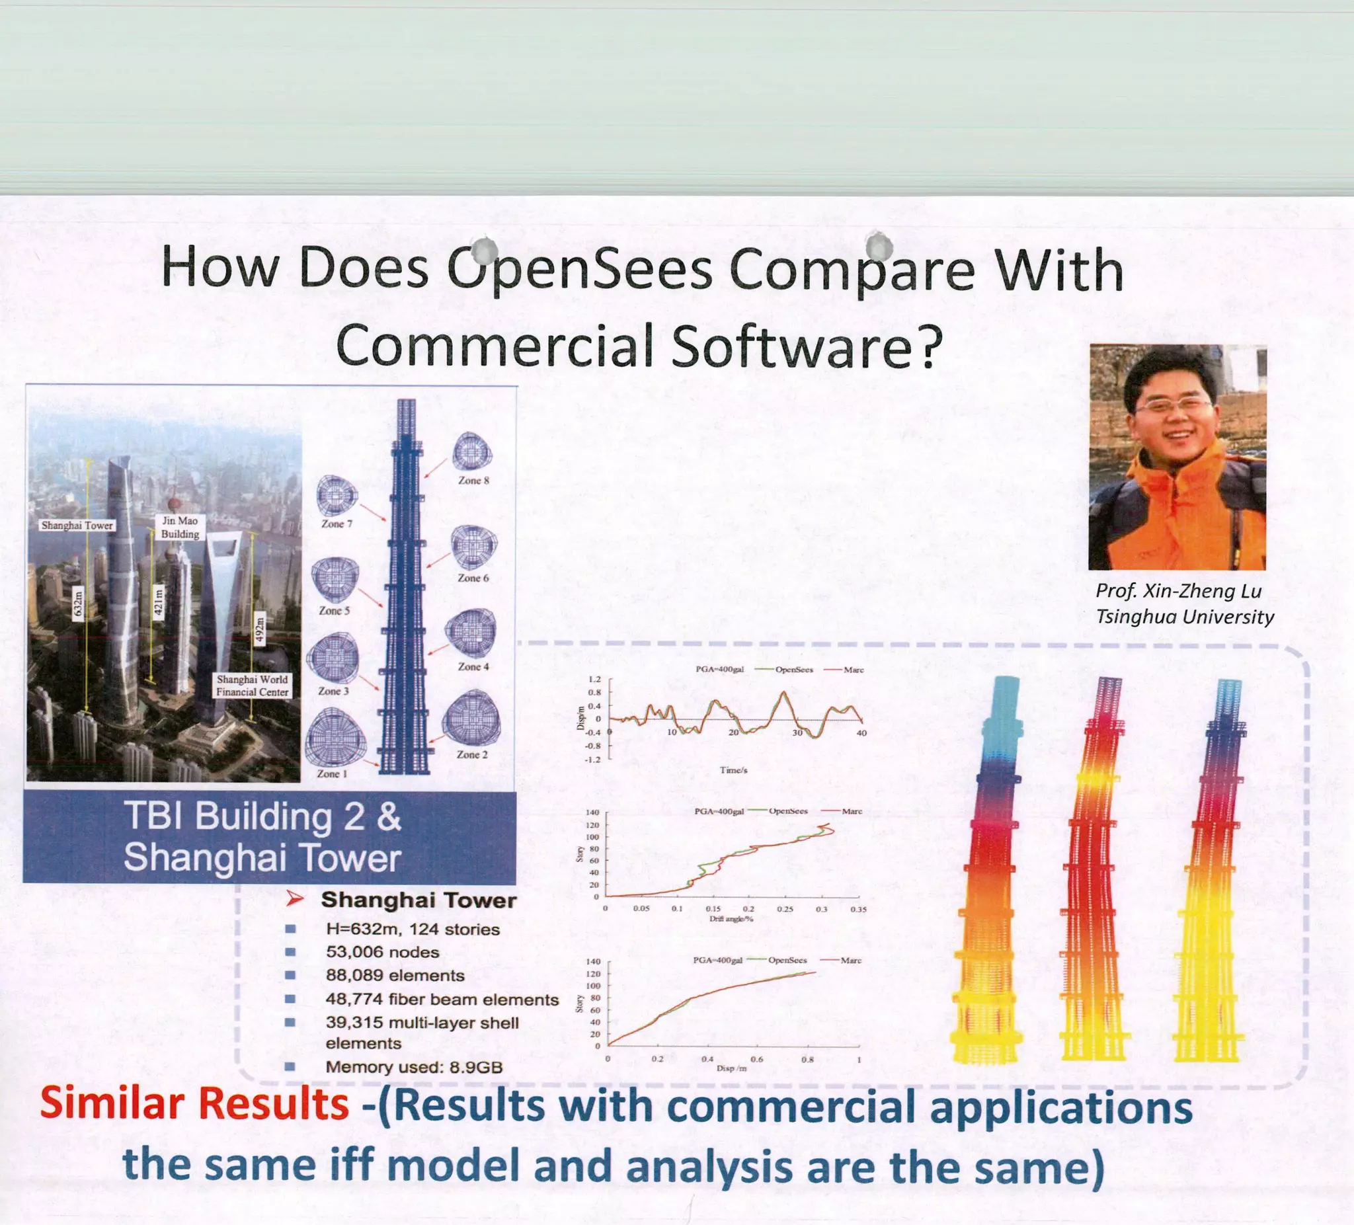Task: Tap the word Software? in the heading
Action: (x=803, y=345)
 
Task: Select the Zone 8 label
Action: (x=473, y=480)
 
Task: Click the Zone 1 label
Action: (x=332, y=773)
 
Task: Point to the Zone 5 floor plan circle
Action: (x=335, y=579)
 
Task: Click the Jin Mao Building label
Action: (x=180, y=527)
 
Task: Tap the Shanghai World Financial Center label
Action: (x=253, y=686)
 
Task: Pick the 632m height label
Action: (x=78, y=602)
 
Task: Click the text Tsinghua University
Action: (x=1185, y=617)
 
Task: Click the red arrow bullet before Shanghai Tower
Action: (x=294, y=899)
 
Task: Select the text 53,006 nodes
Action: (x=382, y=952)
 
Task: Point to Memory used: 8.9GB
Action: (x=414, y=1067)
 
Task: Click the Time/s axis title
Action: (x=733, y=770)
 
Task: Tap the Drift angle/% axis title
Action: (x=731, y=919)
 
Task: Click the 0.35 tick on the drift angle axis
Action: (x=858, y=910)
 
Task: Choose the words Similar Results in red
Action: (x=194, y=1105)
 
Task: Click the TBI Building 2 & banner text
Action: (x=262, y=816)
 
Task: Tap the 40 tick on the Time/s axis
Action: (x=861, y=732)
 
